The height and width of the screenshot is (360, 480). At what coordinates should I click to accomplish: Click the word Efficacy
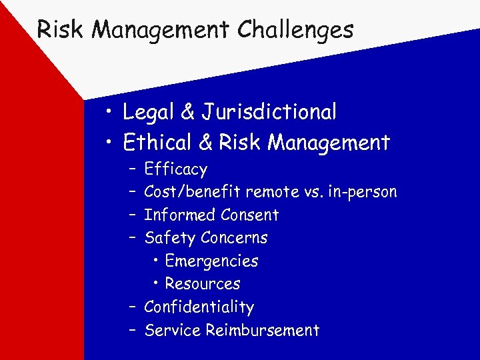(175, 170)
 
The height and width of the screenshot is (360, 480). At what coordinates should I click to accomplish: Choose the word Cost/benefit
(193, 193)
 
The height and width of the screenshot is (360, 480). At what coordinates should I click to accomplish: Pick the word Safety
(169, 238)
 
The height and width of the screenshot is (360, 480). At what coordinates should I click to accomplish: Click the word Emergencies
(211, 261)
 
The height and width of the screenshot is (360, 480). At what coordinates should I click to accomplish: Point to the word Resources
(203, 283)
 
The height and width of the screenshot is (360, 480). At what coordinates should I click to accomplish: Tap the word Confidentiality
(199, 307)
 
